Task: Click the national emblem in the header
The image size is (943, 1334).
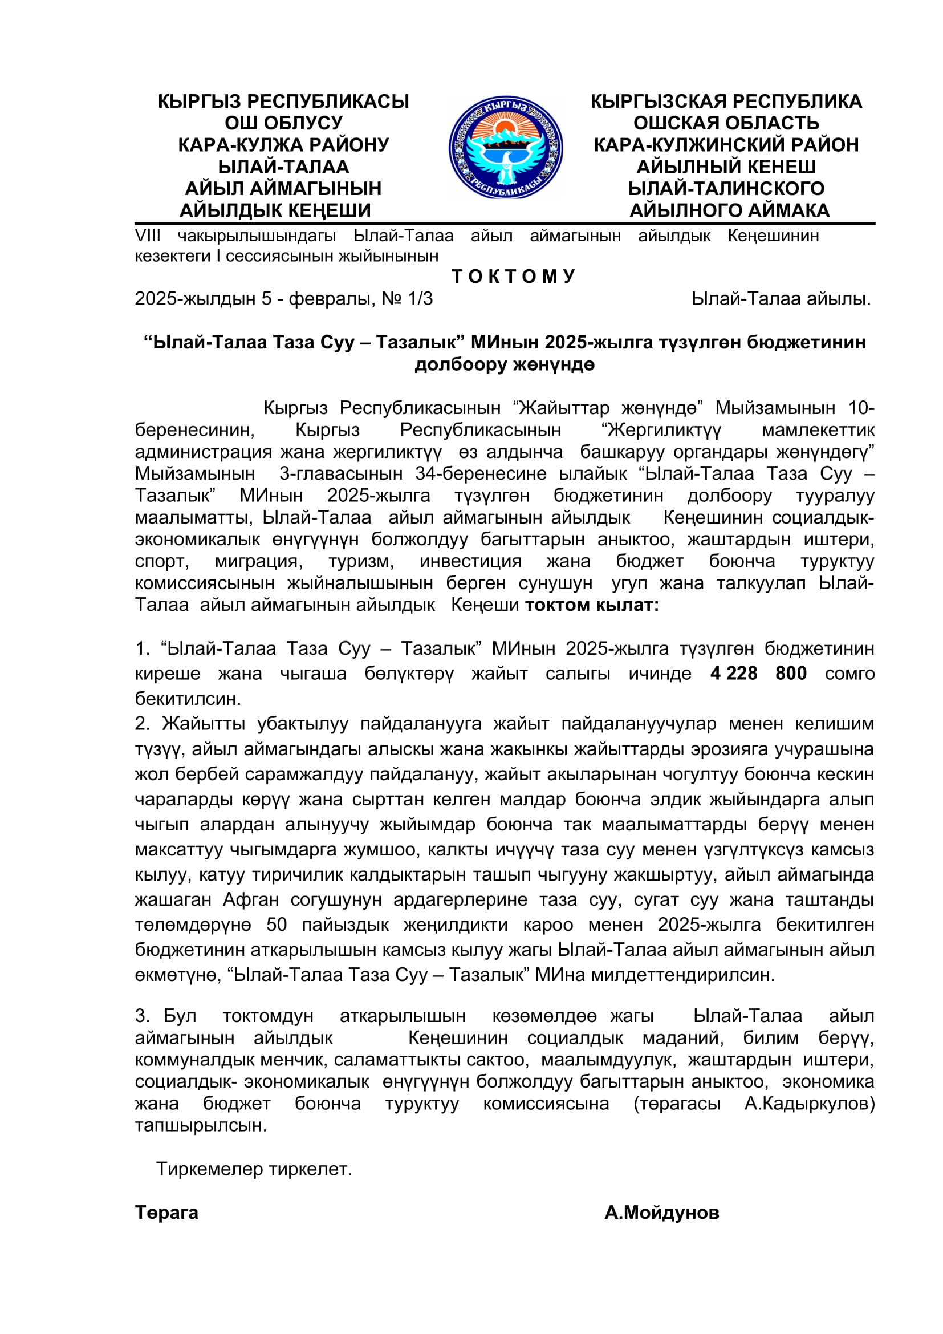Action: tap(505, 148)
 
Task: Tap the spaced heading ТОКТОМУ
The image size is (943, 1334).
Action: tap(513, 276)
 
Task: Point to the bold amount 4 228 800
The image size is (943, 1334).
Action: tap(758, 673)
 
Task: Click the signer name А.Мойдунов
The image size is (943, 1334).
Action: tap(661, 1213)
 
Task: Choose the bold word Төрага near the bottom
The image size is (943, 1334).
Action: tap(166, 1213)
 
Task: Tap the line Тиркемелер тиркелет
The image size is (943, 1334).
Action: tap(254, 1169)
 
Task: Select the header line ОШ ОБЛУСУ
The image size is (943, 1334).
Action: tap(283, 123)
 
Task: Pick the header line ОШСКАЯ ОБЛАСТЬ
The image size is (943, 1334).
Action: tap(726, 123)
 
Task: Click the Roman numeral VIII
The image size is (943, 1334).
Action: tap(148, 236)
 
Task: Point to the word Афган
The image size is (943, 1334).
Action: tap(251, 899)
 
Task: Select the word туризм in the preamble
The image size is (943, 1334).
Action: tap(360, 561)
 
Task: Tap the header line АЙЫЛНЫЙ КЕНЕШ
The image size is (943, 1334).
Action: tap(726, 167)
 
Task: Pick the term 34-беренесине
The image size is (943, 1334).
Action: tap(480, 473)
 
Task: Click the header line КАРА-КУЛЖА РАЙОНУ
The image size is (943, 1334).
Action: tap(283, 145)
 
